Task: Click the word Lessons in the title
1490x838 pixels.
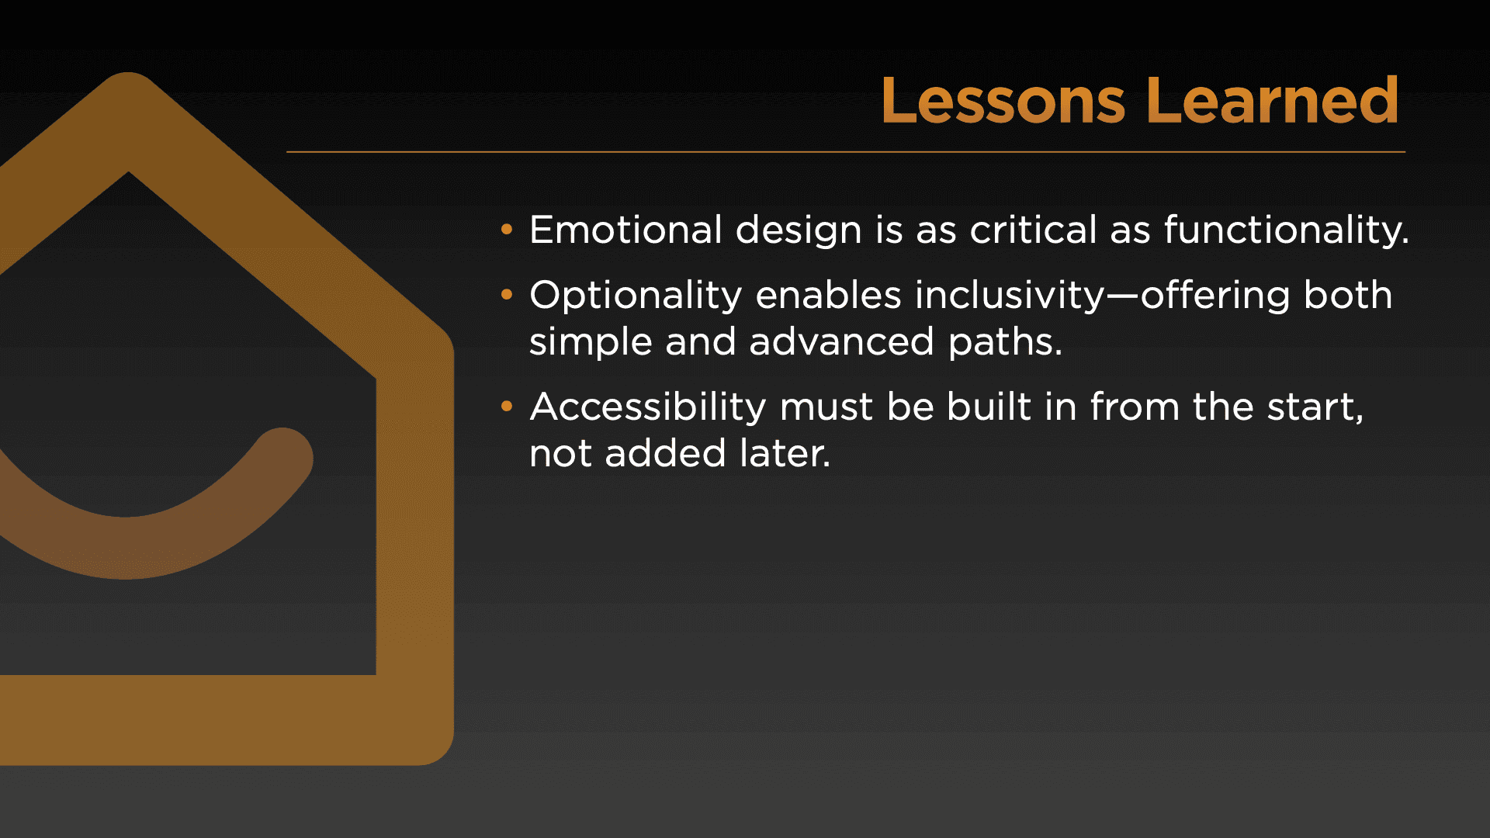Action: point(1003,101)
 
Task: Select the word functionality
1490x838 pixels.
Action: point(1287,231)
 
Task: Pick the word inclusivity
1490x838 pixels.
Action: point(1010,296)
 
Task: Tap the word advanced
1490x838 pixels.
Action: point(841,341)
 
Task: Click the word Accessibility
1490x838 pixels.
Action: point(648,407)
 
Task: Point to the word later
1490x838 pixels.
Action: point(785,453)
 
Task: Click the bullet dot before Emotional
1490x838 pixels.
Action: point(507,229)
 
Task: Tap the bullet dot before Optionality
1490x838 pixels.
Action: point(507,294)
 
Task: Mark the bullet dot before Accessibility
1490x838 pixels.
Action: point(507,406)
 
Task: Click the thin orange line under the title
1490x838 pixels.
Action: point(846,152)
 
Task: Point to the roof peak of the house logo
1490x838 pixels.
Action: point(128,78)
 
